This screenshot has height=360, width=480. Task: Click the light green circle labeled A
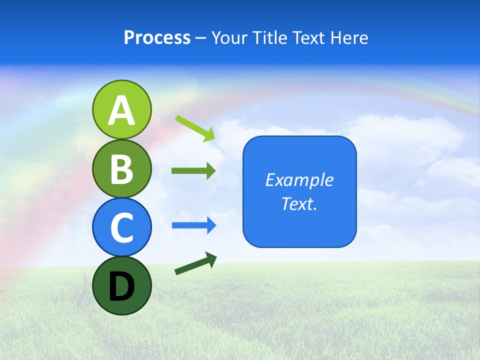click(x=121, y=109)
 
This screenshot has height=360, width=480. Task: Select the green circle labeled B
click(x=121, y=168)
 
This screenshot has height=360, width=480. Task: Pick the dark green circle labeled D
click(x=121, y=285)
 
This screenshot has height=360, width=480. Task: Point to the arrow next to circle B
click(x=193, y=170)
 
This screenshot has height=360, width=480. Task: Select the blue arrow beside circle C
click(x=194, y=225)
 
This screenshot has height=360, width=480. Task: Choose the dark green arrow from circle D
click(x=195, y=263)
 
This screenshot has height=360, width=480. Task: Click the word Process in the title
click(x=157, y=38)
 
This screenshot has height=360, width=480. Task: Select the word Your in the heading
click(x=229, y=38)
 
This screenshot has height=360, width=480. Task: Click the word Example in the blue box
click(x=299, y=180)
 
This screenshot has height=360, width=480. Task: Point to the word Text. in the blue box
click(x=299, y=203)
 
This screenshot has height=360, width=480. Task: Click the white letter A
click(x=121, y=110)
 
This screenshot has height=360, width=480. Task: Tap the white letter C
click(x=121, y=227)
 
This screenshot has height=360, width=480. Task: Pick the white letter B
click(x=121, y=169)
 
